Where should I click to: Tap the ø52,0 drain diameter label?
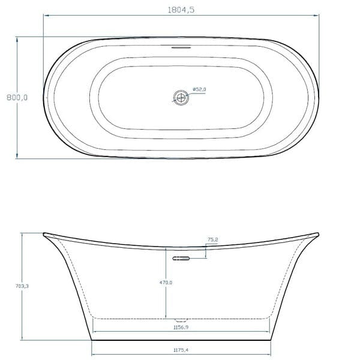pyautogui.click(x=199, y=89)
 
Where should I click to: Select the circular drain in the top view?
pyautogui.click(x=180, y=96)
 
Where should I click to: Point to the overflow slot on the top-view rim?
pyautogui.click(x=180, y=46)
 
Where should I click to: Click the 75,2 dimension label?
pyautogui.click(x=212, y=239)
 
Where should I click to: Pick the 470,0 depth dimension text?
pyautogui.click(x=166, y=283)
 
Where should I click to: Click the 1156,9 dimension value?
pyautogui.click(x=180, y=328)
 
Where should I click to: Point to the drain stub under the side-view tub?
pyautogui.click(x=180, y=319)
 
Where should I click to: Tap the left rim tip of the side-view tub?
pyautogui.click(x=44, y=234)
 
